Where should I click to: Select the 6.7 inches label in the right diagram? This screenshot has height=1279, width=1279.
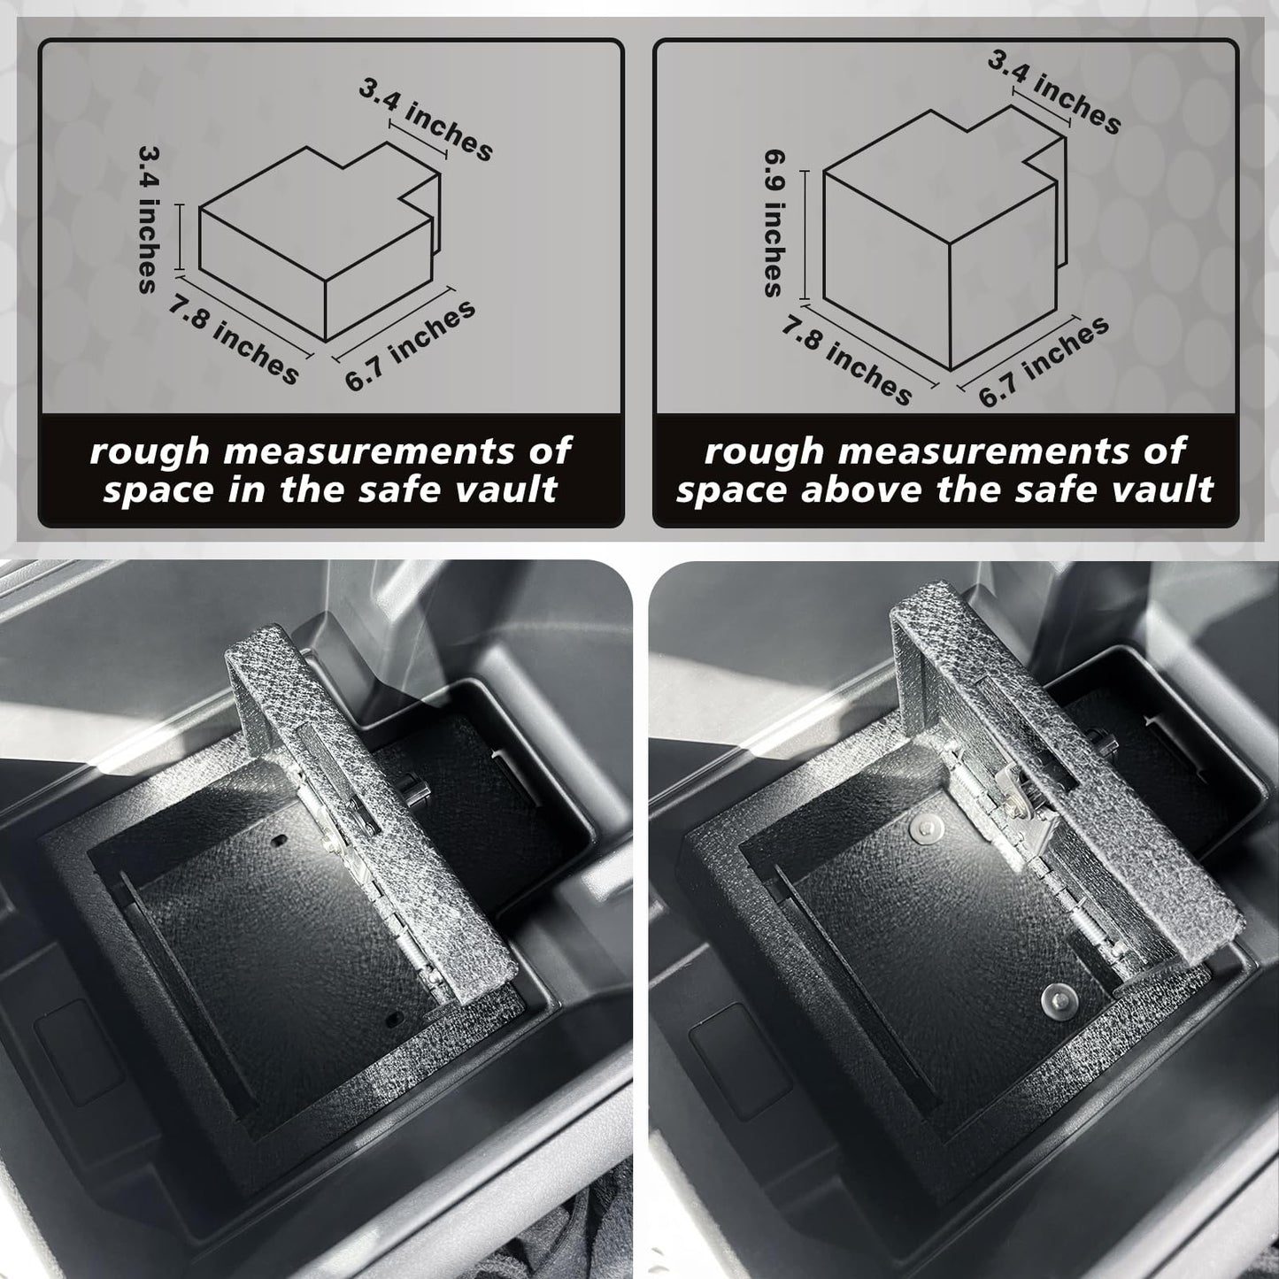pyautogui.click(x=1044, y=362)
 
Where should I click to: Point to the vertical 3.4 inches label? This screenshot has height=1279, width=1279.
pyautogui.click(x=147, y=219)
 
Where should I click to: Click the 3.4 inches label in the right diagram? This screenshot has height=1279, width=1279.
pyautogui.click(x=1054, y=91)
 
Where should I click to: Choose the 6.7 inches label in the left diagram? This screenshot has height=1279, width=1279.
pyautogui.click(x=410, y=346)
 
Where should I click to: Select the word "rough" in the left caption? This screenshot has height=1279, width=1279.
pyautogui.click(x=150, y=452)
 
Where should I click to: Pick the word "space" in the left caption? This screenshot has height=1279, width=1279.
pyautogui.click(x=159, y=491)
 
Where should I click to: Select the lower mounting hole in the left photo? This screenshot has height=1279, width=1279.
pyautogui.click(x=393, y=1018)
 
